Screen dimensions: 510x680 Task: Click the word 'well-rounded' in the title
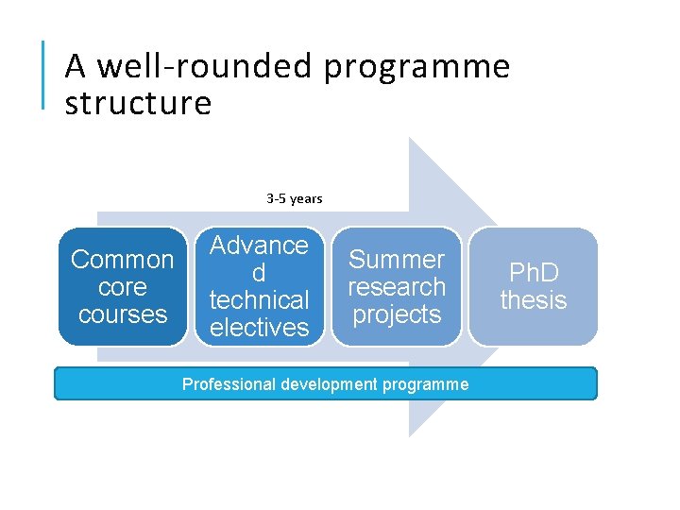click(x=206, y=67)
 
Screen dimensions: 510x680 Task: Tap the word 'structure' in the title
click(x=138, y=103)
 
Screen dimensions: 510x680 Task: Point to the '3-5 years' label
click(x=295, y=198)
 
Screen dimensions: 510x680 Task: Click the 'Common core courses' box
click(x=123, y=286)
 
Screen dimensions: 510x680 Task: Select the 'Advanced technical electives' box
click(x=259, y=286)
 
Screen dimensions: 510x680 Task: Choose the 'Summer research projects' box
click(x=397, y=286)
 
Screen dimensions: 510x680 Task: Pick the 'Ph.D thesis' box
click(x=534, y=286)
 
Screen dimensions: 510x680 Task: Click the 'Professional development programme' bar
click(x=325, y=384)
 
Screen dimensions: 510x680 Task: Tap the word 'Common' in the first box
click(x=123, y=259)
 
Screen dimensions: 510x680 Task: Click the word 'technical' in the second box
click(x=259, y=300)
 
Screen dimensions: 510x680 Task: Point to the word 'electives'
click(x=259, y=328)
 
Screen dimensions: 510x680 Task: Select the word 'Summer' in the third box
click(x=397, y=259)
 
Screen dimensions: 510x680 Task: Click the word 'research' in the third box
click(x=397, y=286)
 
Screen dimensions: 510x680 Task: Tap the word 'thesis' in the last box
click(x=534, y=300)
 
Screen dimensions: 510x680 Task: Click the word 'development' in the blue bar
click(x=317, y=384)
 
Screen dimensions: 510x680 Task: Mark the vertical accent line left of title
click(x=43, y=76)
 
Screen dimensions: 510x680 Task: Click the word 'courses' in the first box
click(x=123, y=314)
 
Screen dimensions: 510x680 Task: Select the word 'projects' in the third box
click(x=397, y=314)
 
